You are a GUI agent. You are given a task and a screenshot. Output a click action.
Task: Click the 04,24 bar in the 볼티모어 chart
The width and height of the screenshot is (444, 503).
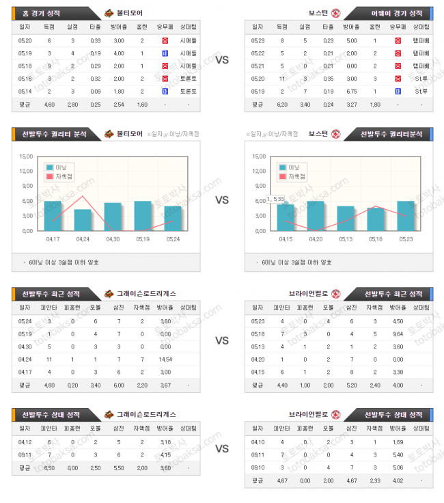pyautogui.click(x=83, y=219)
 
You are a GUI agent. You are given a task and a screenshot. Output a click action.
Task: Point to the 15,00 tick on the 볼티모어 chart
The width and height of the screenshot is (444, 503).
pyautogui.click(x=26, y=156)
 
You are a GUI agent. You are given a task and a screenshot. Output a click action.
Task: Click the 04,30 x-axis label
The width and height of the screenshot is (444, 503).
pyautogui.click(x=113, y=239)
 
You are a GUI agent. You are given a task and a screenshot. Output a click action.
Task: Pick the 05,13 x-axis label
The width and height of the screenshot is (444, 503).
pyautogui.click(x=346, y=239)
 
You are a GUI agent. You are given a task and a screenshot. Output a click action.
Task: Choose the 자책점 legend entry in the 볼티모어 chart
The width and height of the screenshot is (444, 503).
pyautogui.click(x=61, y=176)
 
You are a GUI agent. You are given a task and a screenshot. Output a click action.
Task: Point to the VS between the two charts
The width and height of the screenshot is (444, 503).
pyautogui.click(x=221, y=200)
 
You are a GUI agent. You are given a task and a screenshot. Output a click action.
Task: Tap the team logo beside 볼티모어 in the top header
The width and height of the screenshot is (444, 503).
pyautogui.click(x=110, y=13)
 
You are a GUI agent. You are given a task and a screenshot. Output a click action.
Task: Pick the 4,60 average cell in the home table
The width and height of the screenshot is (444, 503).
pyautogui.click(x=48, y=105)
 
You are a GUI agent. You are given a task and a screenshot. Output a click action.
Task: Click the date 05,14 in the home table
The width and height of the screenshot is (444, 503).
pyautogui.click(x=25, y=91)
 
